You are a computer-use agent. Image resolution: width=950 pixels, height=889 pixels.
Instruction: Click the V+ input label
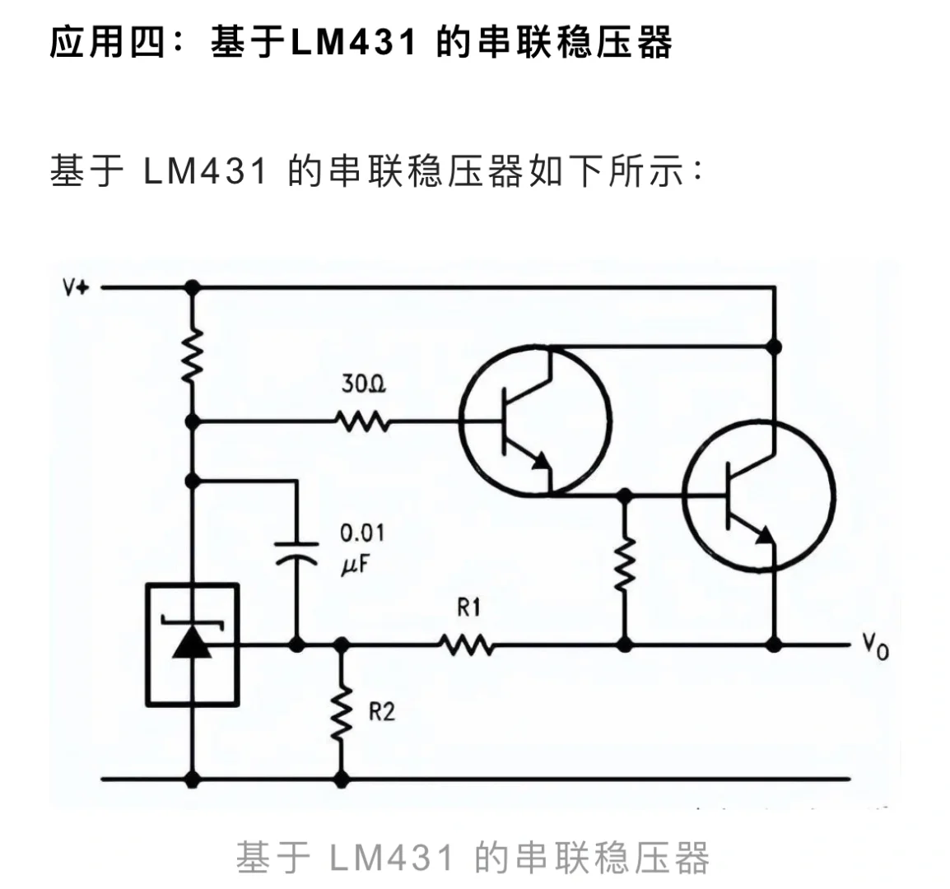77,288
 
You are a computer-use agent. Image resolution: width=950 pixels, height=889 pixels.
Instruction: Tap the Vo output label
876,648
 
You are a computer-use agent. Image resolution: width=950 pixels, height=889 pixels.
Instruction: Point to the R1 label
468,608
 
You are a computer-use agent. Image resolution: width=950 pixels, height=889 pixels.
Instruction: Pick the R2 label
381,711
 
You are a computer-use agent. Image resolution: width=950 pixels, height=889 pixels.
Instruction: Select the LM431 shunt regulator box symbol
193,645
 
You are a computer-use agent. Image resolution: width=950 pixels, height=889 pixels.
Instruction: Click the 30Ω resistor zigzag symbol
363,422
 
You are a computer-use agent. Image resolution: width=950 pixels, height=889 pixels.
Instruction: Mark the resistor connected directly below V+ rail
193,356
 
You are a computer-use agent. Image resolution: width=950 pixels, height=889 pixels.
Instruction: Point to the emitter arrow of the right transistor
765,535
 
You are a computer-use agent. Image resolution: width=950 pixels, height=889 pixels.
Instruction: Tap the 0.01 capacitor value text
362,533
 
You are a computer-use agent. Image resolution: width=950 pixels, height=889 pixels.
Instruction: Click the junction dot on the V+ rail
193,287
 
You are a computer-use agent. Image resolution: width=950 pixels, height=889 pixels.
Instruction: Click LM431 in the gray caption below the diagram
391,859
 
